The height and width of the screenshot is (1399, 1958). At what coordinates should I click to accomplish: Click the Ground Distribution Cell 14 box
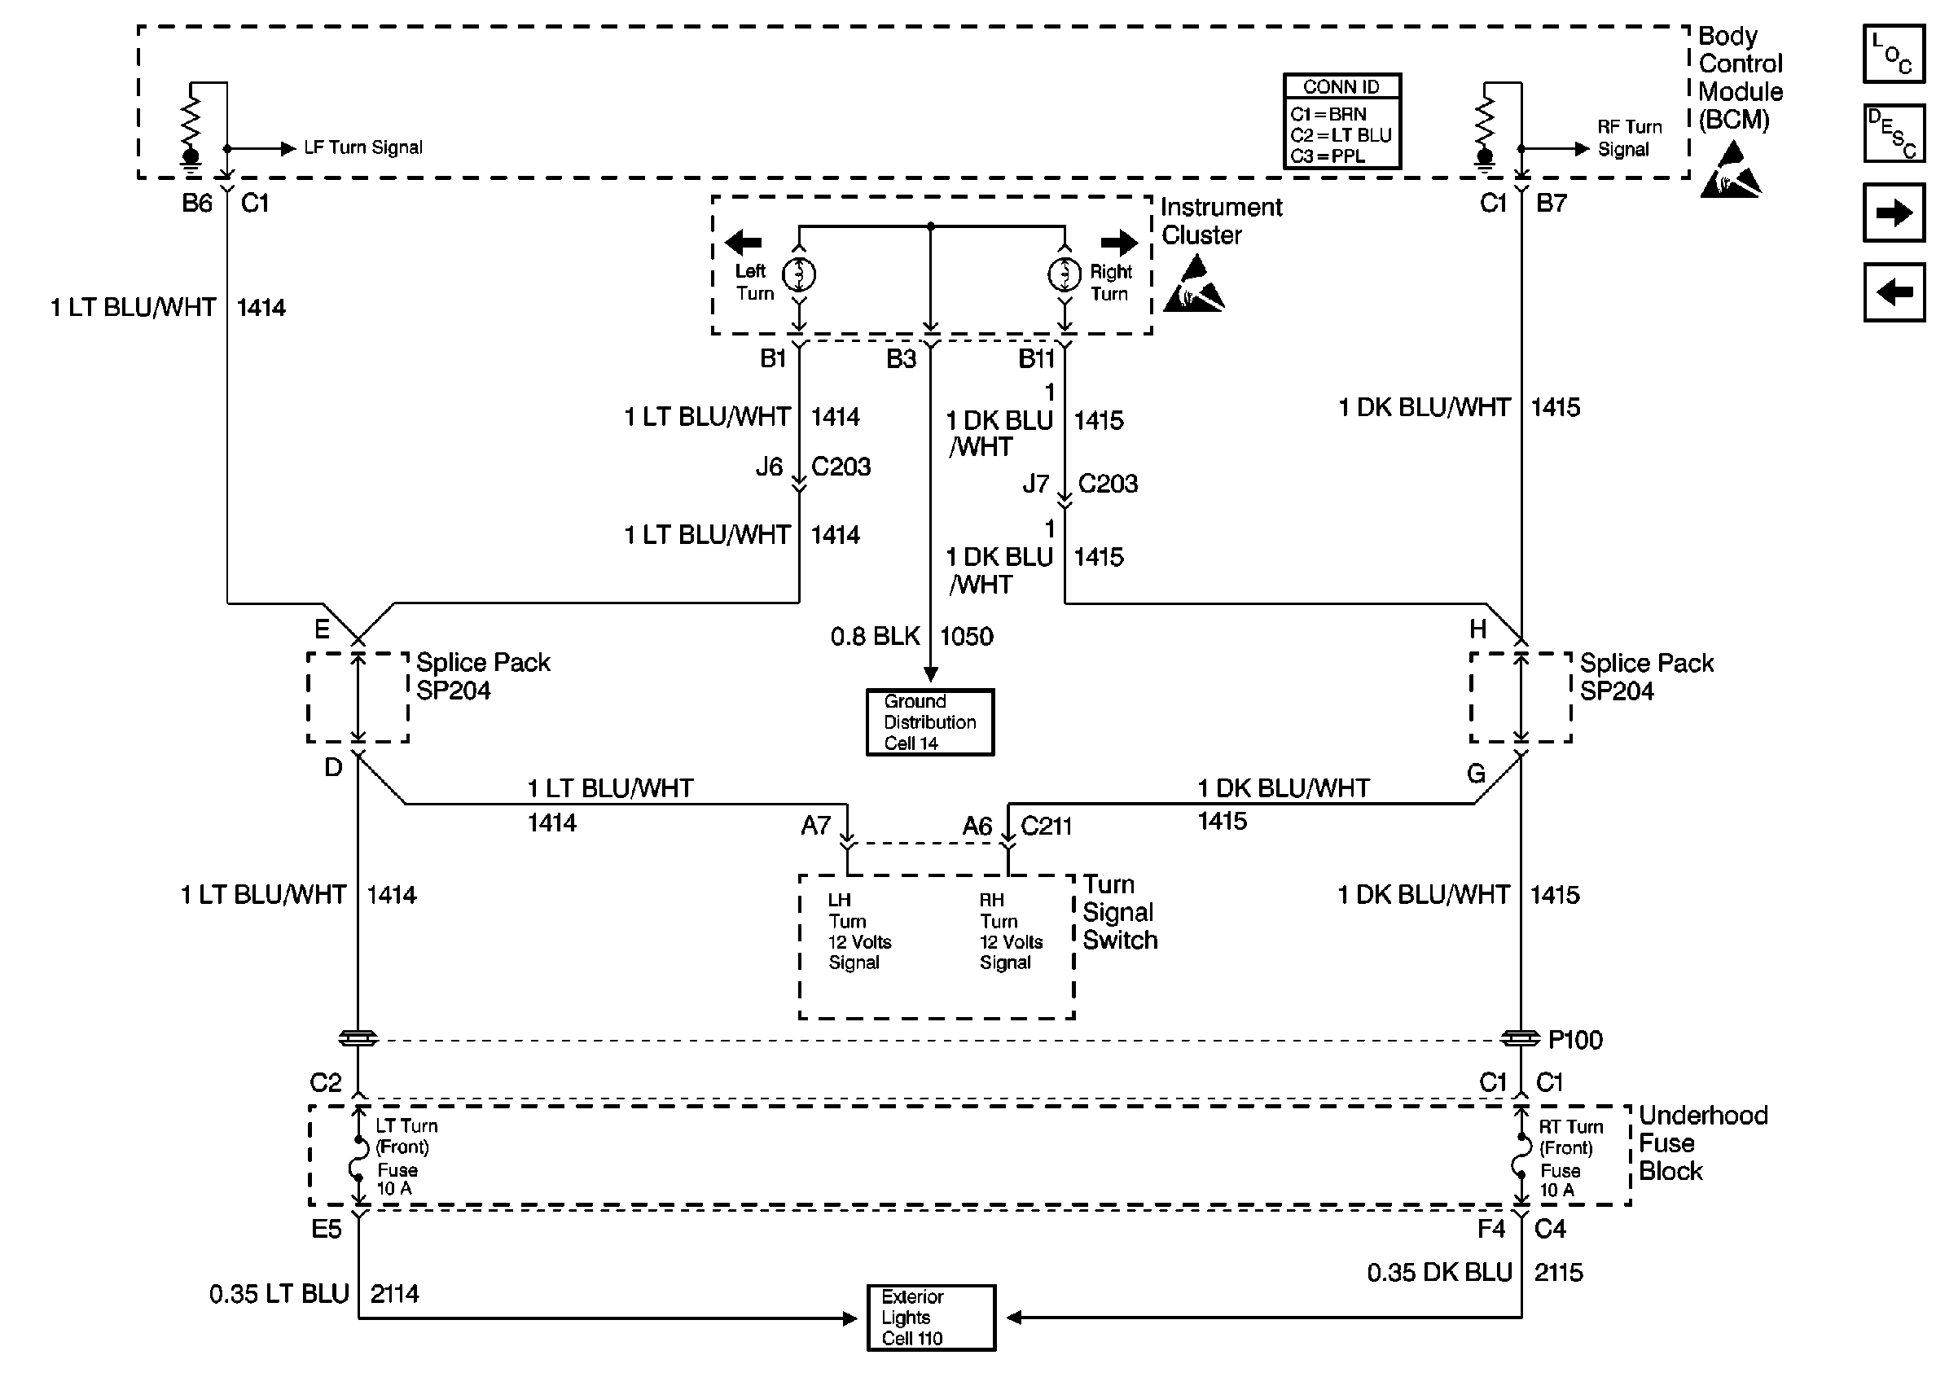[929, 722]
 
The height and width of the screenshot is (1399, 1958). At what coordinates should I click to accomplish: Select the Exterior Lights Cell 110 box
[930, 1318]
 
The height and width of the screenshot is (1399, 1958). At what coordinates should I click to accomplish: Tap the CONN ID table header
[1341, 86]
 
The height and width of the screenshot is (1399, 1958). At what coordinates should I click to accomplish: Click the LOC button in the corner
[1894, 54]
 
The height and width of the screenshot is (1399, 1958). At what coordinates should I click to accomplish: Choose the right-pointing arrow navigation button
[1894, 212]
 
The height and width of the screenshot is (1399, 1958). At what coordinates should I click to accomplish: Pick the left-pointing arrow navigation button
[1894, 292]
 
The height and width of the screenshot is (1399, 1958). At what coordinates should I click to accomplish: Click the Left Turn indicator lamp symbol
[798, 274]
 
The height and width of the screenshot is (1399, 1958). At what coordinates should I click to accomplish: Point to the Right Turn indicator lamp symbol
[1065, 274]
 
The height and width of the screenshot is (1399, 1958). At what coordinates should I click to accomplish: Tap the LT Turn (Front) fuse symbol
[358, 1157]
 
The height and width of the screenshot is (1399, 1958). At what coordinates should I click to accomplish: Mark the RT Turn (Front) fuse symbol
[1521, 1157]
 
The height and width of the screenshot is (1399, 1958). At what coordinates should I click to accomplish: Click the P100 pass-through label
[1574, 1040]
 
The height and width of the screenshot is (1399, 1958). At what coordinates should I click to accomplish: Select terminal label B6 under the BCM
[196, 204]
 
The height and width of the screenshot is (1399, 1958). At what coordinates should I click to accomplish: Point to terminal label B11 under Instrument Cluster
[1036, 358]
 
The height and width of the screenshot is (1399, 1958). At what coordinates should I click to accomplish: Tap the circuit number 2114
[394, 1294]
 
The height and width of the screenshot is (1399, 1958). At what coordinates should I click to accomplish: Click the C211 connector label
[1046, 827]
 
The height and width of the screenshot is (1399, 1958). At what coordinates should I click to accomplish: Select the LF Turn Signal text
[363, 147]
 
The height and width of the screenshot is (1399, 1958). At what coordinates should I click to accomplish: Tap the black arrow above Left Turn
[744, 243]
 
